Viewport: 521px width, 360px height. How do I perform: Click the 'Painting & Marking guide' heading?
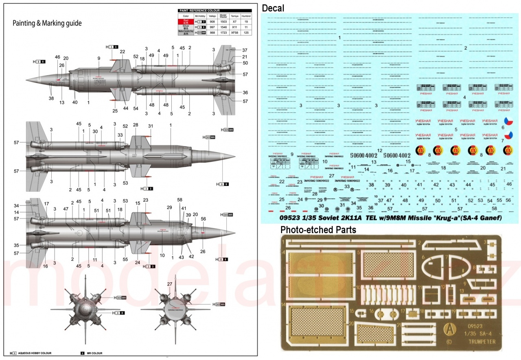coord(47,23)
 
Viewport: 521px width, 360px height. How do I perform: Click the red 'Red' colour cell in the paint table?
coord(186,21)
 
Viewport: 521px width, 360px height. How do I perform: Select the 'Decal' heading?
coord(273,8)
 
